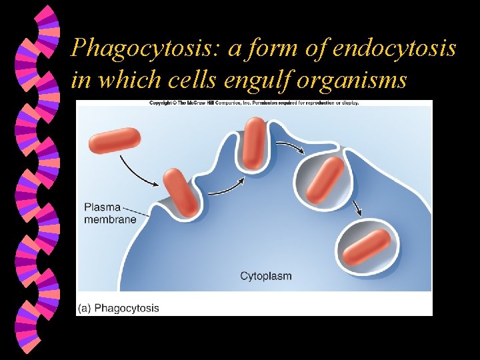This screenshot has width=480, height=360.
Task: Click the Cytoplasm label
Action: pos(265,275)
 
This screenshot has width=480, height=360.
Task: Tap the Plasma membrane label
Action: pos(111,213)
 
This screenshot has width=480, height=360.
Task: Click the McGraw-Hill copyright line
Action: pos(254,103)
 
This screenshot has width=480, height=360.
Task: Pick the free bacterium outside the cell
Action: pos(115,141)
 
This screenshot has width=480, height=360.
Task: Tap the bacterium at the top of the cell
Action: pos(254,142)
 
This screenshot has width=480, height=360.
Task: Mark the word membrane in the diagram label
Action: pos(111,219)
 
